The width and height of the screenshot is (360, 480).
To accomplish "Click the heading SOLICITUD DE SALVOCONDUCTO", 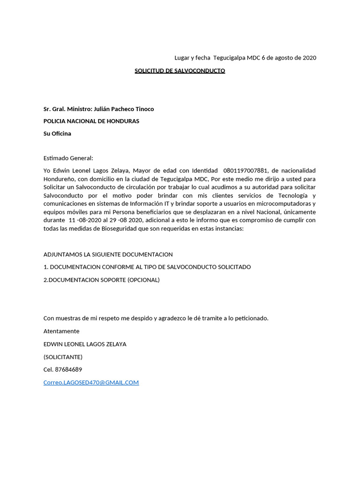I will (180, 71).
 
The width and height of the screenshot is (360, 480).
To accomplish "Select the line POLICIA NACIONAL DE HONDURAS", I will (91, 121).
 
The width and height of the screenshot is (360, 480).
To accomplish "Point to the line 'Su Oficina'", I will (57, 134).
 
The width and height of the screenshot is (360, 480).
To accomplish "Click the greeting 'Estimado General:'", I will (68, 158).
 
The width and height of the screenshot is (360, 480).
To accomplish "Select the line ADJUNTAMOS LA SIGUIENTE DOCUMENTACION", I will (108, 255).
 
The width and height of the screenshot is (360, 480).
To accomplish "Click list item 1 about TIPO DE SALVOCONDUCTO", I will (147, 267).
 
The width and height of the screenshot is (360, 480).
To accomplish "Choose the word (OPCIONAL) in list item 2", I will (143, 280).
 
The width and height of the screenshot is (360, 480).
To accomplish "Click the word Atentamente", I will (61, 331).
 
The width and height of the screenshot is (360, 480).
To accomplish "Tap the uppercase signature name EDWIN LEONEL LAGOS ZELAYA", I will (85, 344).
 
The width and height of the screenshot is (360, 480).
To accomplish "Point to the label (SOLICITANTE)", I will (63, 357).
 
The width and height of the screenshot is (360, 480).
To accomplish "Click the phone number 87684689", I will (68, 369).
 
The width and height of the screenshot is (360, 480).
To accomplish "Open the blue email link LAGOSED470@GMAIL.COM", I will (91, 382).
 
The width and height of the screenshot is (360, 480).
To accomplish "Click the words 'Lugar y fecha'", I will (192, 58).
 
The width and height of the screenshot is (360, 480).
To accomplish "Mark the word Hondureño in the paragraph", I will (60, 179).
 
